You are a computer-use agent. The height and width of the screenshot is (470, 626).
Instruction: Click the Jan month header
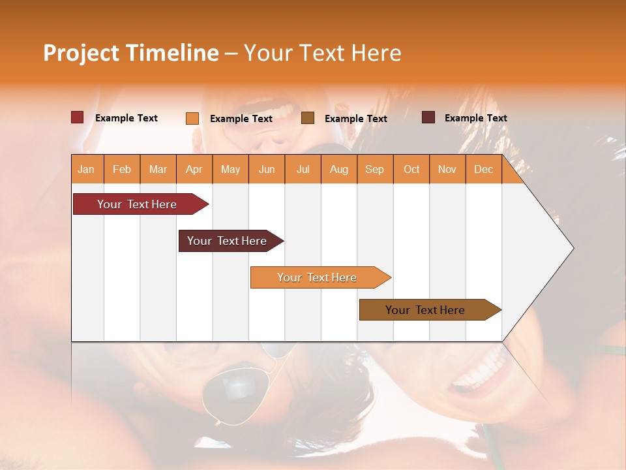pyautogui.click(x=87, y=169)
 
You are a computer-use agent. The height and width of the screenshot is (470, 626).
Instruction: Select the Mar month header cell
pyautogui.click(x=158, y=169)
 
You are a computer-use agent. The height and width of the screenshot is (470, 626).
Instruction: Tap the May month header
pyautogui.click(x=230, y=169)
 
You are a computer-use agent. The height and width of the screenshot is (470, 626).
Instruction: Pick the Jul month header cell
pyautogui.click(x=303, y=169)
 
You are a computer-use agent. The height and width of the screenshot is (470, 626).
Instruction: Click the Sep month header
pyautogui.click(x=374, y=169)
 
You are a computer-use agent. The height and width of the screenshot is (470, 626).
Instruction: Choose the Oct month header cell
pyautogui.click(x=411, y=169)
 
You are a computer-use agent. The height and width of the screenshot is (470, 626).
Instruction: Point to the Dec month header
pyautogui.click(x=483, y=169)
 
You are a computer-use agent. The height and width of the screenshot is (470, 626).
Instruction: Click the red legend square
pyautogui.click(x=78, y=117)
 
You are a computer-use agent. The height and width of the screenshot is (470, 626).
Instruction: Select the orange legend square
pyautogui.click(x=192, y=118)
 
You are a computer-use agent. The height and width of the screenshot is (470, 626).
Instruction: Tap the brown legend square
pyautogui.click(x=308, y=118)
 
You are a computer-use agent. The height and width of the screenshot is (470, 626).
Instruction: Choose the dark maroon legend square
pyautogui.click(x=428, y=117)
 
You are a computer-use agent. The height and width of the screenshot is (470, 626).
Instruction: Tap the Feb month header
pyautogui.click(x=122, y=169)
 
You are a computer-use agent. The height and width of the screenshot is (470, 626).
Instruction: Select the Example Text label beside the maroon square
pyautogui.click(x=475, y=118)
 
